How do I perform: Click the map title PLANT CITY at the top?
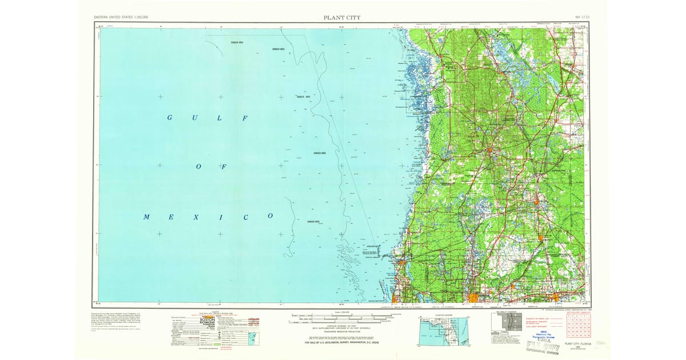pyautogui.click(x=341, y=17)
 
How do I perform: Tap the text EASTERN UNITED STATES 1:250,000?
pyautogui.click(x=121, y=18)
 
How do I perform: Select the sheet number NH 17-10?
pyautogui.click(x=582, y=18)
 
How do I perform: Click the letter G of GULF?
pyautogui.click(x=170, y=118)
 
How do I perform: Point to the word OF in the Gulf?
pyautogui.click(x=210, y=167)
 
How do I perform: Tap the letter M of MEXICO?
pyautogui.click(x=147, y=217)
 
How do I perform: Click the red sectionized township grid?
pyautogui.click(x=578, y=326)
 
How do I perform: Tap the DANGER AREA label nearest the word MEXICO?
pyautogui.click(x=313, y=222)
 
